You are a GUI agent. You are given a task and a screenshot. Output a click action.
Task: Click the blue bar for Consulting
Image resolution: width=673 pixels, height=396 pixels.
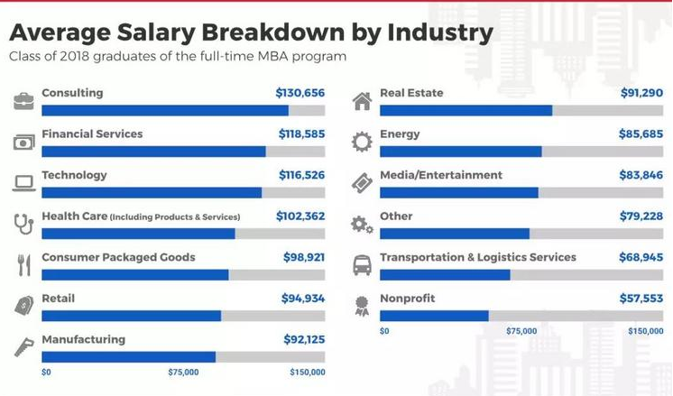[165, 111]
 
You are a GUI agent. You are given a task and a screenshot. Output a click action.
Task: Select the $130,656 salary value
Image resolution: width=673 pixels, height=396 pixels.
[300, 93]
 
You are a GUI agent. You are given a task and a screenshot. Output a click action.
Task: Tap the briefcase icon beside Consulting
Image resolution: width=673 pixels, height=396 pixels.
[24, 100]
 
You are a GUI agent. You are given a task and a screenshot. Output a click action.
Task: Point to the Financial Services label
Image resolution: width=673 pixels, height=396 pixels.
[92, 134]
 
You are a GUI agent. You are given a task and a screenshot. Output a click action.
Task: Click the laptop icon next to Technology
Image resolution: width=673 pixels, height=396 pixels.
[24, 183]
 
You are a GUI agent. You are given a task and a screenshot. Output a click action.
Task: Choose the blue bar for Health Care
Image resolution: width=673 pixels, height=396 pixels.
[138, 234]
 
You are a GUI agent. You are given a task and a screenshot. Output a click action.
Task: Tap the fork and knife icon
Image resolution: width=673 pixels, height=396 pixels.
[24, 265]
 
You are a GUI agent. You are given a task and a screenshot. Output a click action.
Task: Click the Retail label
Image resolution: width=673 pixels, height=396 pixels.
[58, 298]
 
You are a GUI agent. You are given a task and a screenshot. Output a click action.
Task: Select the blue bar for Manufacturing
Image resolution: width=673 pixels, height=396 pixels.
[128, 357]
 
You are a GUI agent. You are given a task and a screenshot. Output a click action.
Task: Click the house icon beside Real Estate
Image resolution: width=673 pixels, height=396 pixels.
[362, 100]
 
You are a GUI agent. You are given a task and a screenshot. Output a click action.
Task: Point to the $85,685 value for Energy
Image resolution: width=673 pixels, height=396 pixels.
[641, 134]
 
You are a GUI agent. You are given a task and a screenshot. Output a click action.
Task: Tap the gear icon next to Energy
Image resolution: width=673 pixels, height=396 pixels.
[362, 142]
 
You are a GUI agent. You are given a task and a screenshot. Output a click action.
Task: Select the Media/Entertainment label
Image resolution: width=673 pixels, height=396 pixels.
[441, 175]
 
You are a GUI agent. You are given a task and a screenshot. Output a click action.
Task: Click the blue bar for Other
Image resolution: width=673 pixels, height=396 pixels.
[455, 234]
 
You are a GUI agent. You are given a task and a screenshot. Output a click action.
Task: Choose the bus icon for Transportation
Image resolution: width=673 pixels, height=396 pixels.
[362, 265]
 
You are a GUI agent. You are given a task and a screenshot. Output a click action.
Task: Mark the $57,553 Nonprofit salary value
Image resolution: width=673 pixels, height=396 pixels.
[641, 298]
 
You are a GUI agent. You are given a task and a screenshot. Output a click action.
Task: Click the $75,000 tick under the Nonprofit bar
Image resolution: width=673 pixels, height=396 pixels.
[521, 331]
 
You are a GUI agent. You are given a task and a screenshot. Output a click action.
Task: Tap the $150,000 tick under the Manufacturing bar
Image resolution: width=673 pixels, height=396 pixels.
[307, 372]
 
